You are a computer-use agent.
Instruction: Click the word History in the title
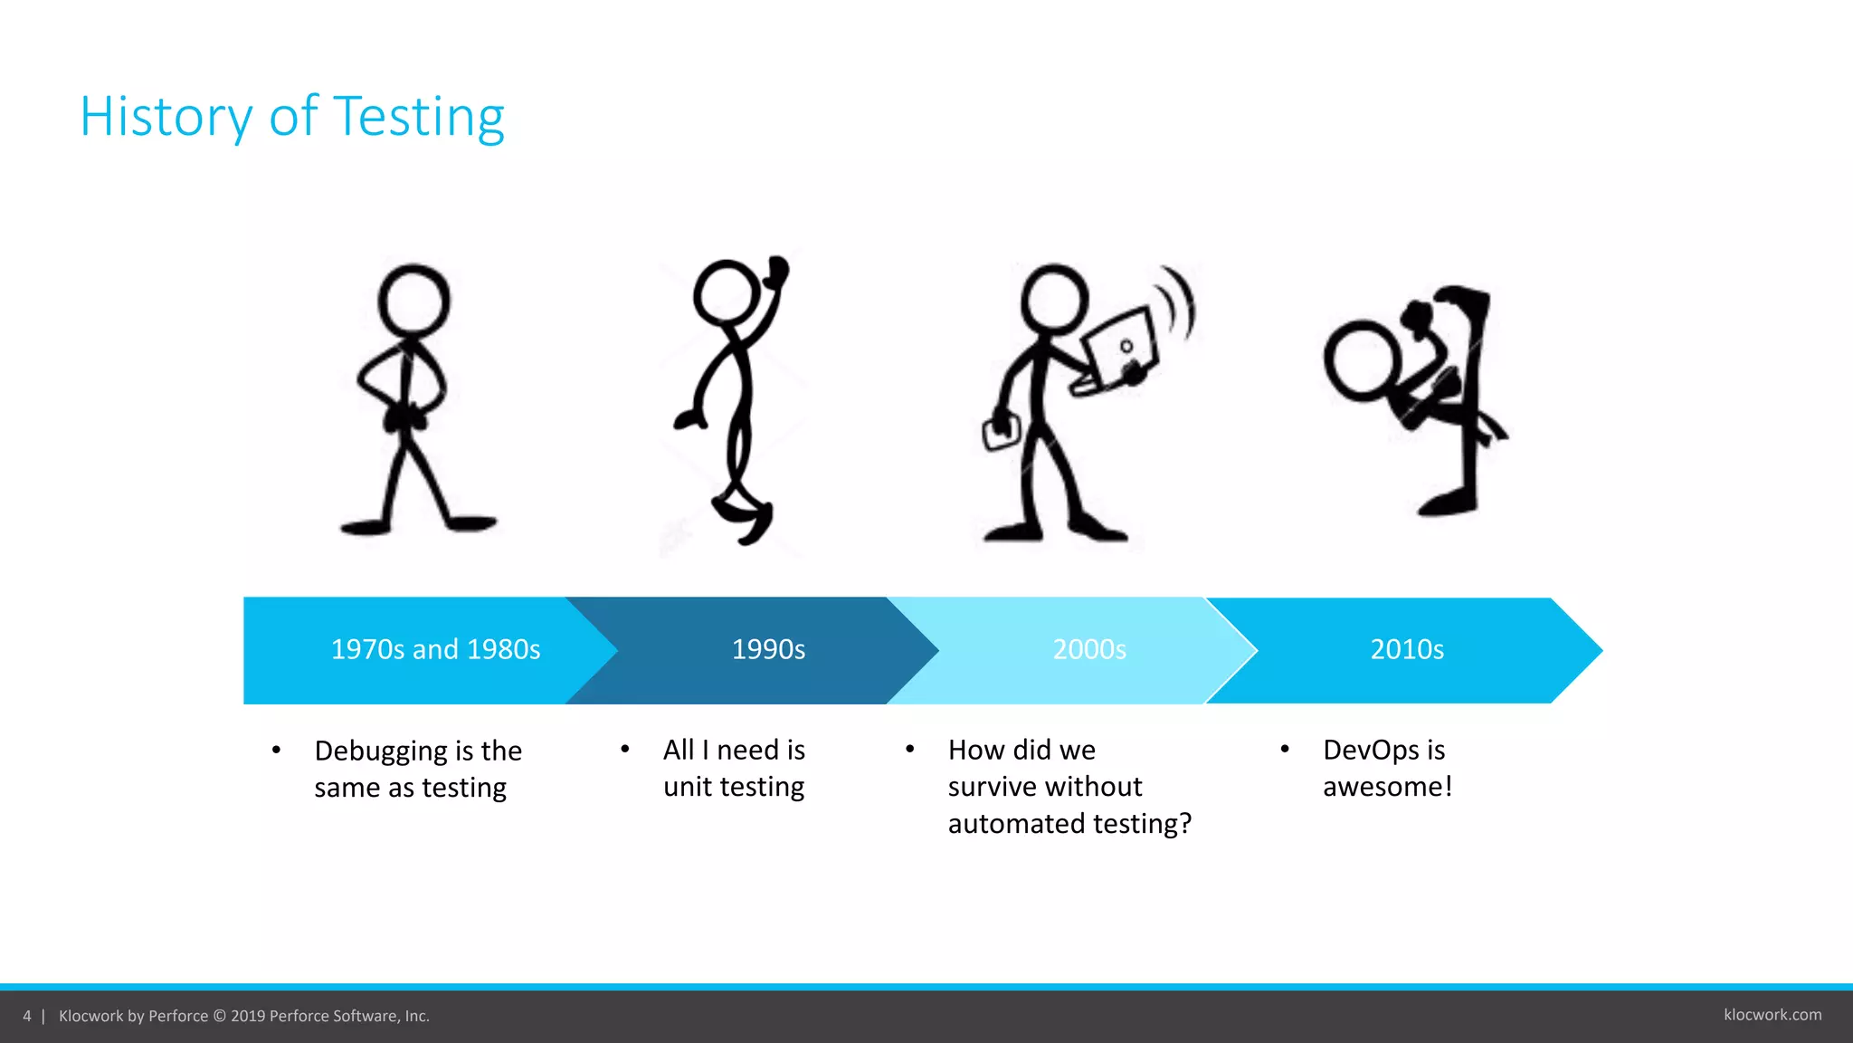(166, 117)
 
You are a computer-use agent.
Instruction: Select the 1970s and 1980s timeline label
(435, 649)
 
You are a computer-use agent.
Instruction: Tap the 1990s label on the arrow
(768, 649)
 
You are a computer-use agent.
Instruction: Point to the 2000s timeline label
(1089, 649)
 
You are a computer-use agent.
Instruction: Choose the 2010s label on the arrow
(1407, 649)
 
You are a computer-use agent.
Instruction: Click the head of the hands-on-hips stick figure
(413, 301)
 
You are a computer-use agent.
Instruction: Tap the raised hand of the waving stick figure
(776, 270)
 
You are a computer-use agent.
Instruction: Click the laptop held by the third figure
(1120, 349)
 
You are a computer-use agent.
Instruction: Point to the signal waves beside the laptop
(1178, 303)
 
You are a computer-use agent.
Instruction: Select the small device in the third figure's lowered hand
(1001, 433)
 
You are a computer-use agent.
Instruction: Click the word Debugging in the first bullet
(380, 751)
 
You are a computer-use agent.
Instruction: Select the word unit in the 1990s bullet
(688, 787)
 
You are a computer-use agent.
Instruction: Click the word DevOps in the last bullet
(1371, 751)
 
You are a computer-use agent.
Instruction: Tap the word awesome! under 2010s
(1387, 787)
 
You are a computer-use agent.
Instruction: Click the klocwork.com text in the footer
(1772, 1015)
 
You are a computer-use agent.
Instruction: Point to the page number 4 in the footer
(27, 1016)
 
